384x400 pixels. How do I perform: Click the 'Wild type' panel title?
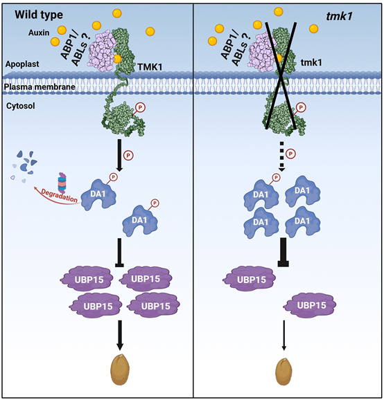tap(39, 15)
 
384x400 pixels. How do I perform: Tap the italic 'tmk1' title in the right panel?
tap(339, 17)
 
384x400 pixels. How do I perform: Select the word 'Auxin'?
tap(39, 33)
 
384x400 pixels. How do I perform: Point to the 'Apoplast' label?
tap(22, 64)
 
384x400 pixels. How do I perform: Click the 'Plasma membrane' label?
tap(40, 87)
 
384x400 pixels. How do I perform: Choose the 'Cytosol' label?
tap(20, 106)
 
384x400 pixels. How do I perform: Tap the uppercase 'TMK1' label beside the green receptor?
tap(150, 67)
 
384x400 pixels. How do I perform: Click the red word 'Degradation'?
tap(60, 195)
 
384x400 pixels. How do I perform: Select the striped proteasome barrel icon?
tap(62, 182)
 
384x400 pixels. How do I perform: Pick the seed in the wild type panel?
tap(120, 370)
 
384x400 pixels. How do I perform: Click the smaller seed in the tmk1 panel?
tap(283, 372)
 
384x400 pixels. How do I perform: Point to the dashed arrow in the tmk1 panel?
tap(282, 156)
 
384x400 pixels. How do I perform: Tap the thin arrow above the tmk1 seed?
tap(283, 335)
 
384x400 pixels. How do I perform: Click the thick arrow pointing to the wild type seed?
tap(120, 335)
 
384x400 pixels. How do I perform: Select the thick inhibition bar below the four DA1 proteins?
tap(283, 252)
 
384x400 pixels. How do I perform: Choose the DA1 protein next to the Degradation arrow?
tap(98, 194)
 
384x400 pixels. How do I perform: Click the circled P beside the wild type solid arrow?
tap(128, 155)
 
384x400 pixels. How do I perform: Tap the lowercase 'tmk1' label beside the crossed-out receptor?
tap(311, 62)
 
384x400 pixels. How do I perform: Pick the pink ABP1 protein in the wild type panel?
tap(101, 51)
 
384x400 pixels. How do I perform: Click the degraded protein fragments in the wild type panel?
tap(24, 166)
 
